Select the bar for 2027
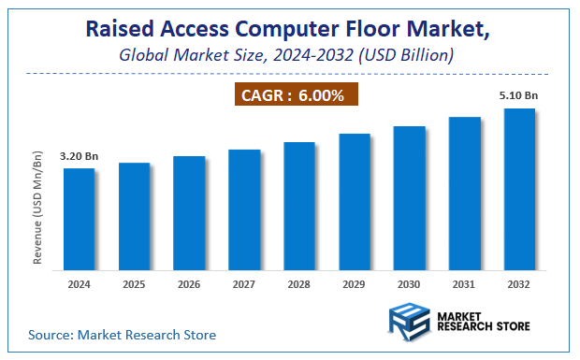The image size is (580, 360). coord(244,209)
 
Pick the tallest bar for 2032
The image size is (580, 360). coord(519,189)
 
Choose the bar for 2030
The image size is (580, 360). coord(410,197)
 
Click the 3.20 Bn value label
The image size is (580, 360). coord(79,156)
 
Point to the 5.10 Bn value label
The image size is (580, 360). coord(519,94)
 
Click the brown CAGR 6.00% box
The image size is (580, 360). coord(295,95)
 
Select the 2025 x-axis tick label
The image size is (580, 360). coord(134,283)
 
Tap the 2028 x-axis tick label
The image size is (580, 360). coord(299,283)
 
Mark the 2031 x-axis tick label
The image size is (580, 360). coord(465,283)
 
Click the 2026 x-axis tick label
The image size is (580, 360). coord(189,283)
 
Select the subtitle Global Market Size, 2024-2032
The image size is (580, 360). coord(287,55)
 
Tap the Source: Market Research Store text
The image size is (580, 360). coord(123,334)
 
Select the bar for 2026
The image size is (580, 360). coord(189,213)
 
